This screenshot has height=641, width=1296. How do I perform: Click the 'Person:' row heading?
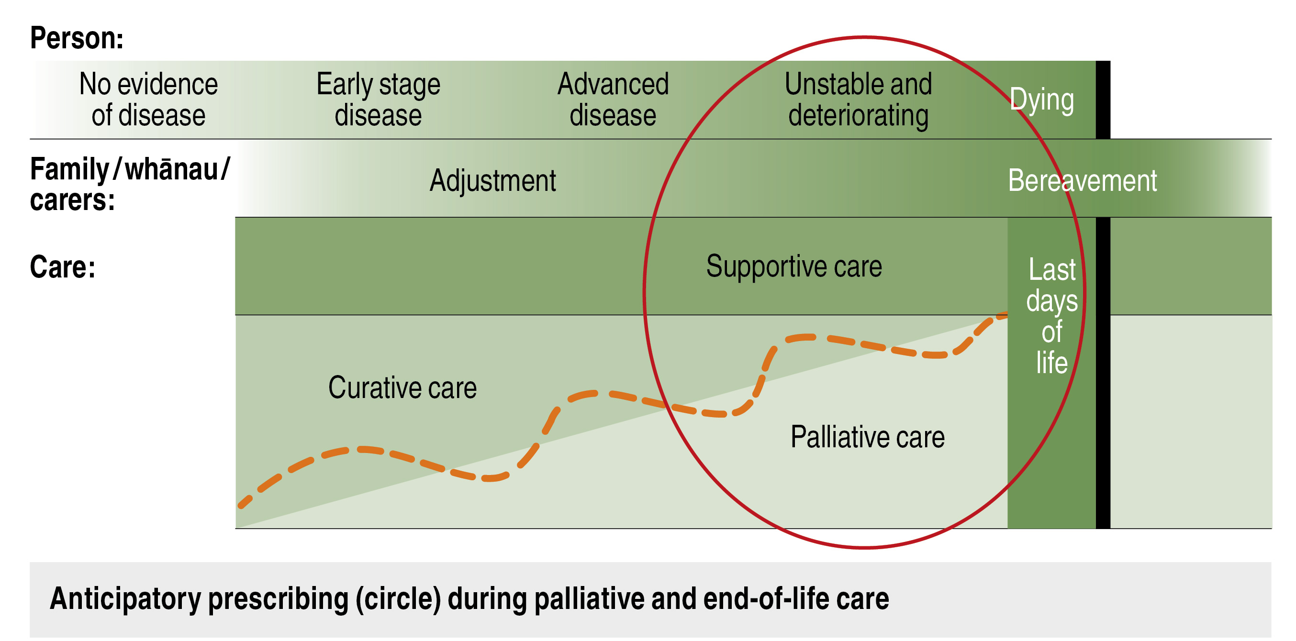[x=77, y=38]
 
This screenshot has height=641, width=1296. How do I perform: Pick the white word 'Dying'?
[x=1042, y=100]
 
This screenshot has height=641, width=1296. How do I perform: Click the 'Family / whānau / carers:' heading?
[x=130, y=184]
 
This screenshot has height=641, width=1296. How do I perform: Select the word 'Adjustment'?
[x=492, y=180]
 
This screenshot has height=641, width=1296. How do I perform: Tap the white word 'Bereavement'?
[x=1083, y=180]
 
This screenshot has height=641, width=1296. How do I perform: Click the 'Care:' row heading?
[x=62, y=266]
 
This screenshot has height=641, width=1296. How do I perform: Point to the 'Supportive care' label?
[x=794, y=266]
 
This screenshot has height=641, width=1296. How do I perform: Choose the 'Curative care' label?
[x=402, y=387]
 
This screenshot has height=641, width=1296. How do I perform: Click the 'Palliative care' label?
[x=867, y=436]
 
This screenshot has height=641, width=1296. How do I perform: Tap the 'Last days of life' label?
[x=1052, y=316]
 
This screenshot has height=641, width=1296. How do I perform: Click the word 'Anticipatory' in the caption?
[x=125, y=599]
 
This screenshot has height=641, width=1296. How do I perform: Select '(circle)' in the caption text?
[x=398, y=599]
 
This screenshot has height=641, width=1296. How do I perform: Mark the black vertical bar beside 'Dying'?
[x=1103, y=99]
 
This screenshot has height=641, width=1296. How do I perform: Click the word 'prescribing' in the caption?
[x=278, y=599]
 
